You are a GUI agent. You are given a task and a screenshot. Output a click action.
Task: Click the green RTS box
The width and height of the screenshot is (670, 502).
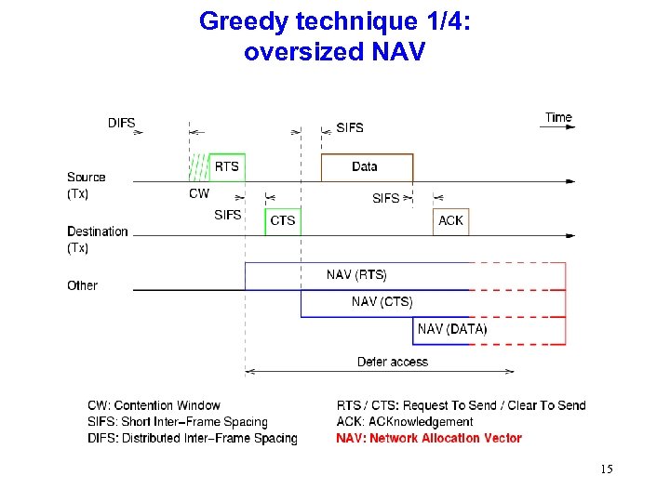tap(227, 166)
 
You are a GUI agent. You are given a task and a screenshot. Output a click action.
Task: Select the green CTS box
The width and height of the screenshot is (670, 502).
tap(282, 220)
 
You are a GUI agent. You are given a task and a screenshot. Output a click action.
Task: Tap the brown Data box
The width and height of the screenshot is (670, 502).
tap(366, 166)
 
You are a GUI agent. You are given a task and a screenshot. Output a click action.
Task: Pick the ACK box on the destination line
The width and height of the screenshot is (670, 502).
tap(451, 220)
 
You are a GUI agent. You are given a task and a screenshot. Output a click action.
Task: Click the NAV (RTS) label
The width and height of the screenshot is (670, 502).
tap(356, 274)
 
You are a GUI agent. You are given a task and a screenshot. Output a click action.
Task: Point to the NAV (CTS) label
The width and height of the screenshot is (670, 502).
tap(382, 301)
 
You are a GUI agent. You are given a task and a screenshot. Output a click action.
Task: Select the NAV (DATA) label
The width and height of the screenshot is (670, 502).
tap(452, 328)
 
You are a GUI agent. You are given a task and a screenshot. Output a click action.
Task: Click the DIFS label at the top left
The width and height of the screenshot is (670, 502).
tap(122, 123)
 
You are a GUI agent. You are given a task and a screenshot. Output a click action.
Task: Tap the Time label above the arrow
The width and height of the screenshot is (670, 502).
tap(558, 117)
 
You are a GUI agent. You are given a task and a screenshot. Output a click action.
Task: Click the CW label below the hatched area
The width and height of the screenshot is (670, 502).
tap(199, 194)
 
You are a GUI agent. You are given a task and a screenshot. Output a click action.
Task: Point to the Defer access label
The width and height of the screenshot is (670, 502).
tap(393, 362)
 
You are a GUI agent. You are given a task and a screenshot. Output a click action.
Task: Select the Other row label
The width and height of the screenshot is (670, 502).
tap(82, 285)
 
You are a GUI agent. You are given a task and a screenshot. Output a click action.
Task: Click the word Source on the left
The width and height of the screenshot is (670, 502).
tap(87, 177)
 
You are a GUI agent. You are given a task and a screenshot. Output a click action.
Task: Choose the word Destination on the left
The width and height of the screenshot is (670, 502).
tap(98, 231)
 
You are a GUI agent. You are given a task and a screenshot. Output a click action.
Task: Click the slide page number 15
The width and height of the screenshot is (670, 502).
tap(606, 469)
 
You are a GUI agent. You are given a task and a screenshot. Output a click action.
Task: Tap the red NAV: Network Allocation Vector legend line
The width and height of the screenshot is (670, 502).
tap(429, 438)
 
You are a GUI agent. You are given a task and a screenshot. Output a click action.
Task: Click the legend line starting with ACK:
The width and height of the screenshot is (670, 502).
tap(405, 421)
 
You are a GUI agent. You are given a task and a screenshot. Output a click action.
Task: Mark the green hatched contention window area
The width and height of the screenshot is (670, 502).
tap(198, 167)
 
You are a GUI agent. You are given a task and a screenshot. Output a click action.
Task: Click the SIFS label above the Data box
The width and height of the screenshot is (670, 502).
tap(350, 127)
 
